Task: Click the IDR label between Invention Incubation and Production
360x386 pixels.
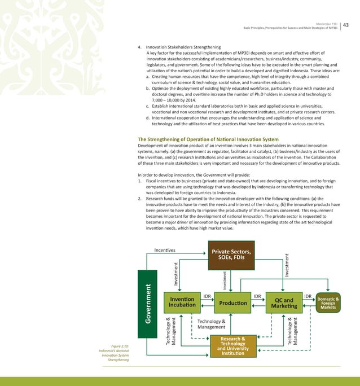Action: tap(207, 296)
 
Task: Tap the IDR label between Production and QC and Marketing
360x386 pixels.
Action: tap(257, 296)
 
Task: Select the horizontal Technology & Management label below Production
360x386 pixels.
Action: tap(212, 324)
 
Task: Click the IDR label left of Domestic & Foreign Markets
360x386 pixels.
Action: tap(308, 296)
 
